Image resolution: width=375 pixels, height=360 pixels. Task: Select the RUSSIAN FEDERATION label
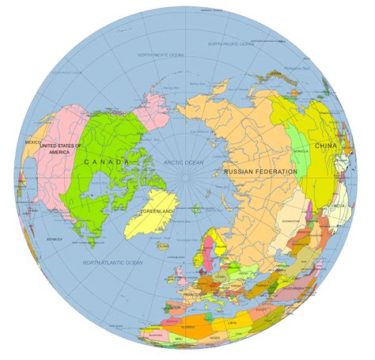260,172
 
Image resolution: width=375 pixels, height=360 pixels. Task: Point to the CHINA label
324,146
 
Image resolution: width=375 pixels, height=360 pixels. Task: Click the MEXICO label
32,142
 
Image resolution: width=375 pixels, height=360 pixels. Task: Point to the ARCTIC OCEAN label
184,161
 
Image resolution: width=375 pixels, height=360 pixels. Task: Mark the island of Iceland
162,245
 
